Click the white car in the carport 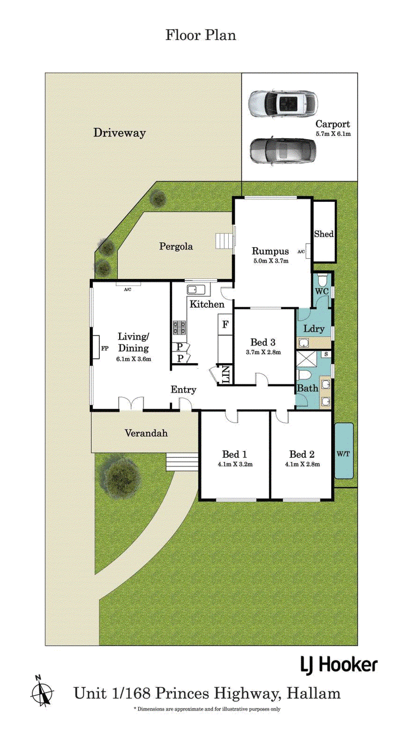283,103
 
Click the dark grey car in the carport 283,151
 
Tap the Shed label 324,234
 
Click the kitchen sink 197,290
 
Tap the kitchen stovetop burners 179,327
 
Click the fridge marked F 225,325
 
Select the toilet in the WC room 322,280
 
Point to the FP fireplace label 105,348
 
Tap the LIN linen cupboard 225,375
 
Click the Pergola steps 224,241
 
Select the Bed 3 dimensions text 263,352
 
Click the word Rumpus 270,251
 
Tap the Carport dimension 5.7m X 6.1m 333,134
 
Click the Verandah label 146,433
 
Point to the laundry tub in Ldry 304,343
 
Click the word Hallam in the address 314,694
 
